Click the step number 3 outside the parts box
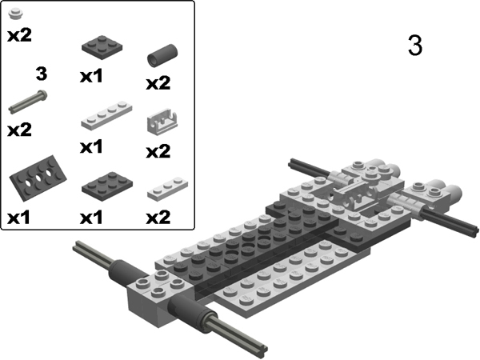pyautogui.click(x=414, y=46)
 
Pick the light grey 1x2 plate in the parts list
pyautogui.click(x=167, y=187)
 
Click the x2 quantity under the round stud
pyautogui.click(x=18, y=36)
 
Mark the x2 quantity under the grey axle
pyautogui.click(x=18, y=130)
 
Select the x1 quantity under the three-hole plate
pyautogui.click(x=20, y=217)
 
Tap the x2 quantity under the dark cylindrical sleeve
pyautogui.click(x=158, y=83)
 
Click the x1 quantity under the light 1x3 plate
pyautogui.click(x=93, y=147)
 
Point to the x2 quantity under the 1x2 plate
pyautogui.click(x=158, y=217)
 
